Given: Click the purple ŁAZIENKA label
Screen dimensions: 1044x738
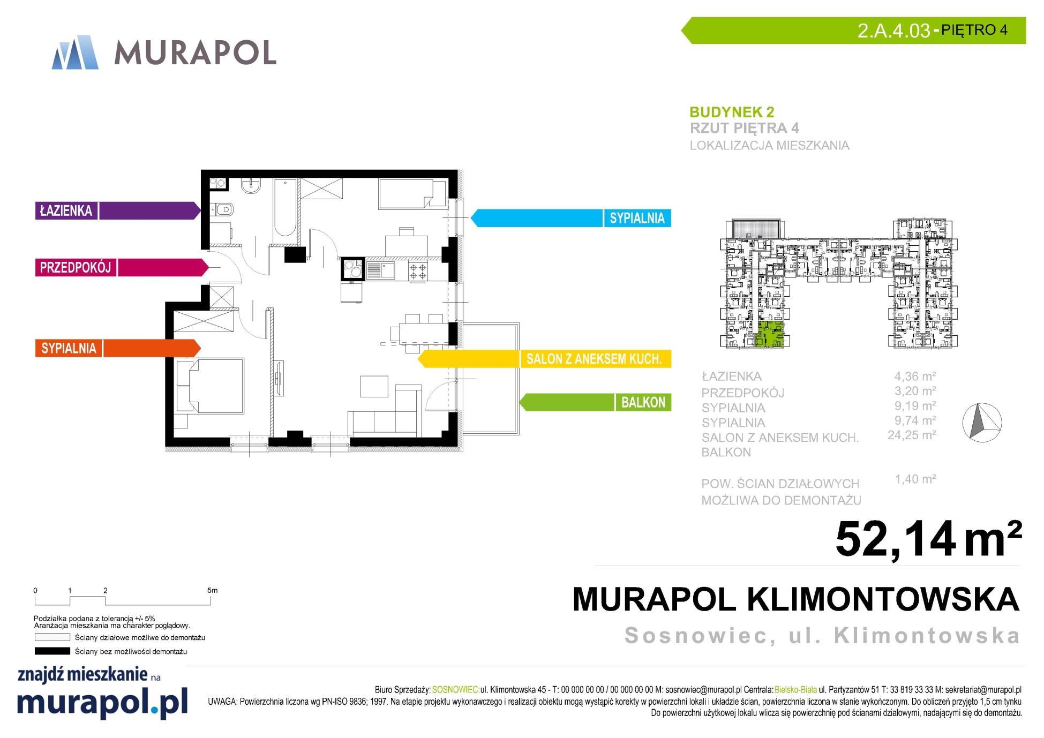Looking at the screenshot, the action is click(66, 210).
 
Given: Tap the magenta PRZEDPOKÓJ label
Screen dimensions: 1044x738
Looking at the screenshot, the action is click(76, 267).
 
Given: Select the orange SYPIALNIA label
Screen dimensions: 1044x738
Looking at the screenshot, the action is click(69, 348).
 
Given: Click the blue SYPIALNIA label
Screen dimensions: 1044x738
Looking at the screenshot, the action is click(637, 218).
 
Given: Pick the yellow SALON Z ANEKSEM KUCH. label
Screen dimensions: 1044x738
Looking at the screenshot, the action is click(594, 359).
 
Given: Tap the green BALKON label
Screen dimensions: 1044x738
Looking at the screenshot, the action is click(643, 402).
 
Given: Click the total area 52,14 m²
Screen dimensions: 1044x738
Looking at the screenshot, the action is click(928, 539).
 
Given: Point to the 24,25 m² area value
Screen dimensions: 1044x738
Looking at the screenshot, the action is click(912, 435).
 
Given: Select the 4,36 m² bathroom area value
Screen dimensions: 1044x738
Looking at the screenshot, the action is click(915, 376).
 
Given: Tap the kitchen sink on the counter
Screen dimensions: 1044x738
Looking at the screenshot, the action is click(380, 270).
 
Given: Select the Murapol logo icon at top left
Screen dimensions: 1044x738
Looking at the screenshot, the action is click(75, 52).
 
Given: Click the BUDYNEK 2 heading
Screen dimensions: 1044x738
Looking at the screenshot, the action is click(732, 112).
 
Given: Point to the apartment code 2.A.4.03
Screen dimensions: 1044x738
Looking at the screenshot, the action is click(893, 31).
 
